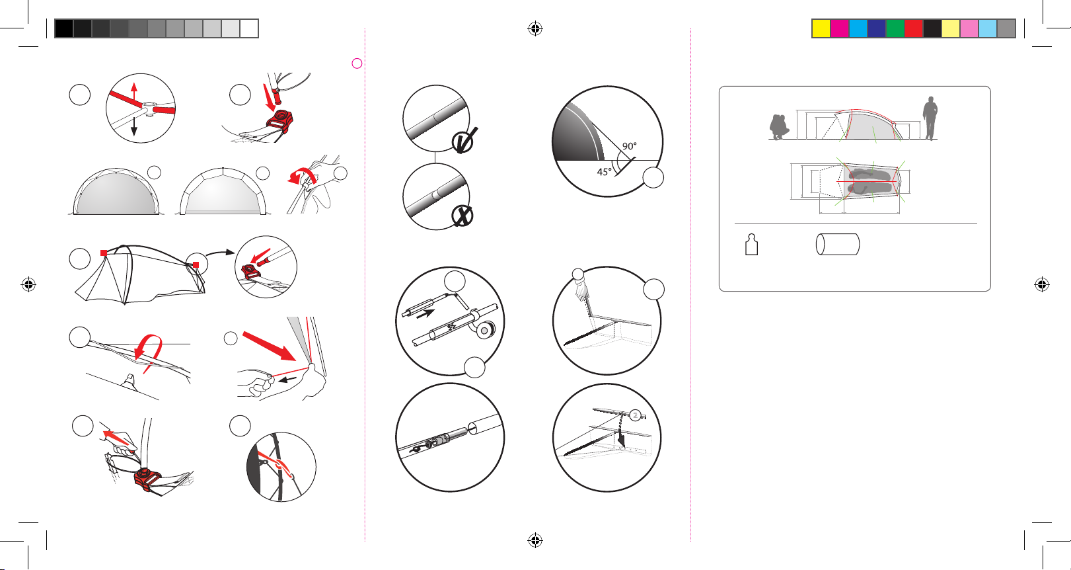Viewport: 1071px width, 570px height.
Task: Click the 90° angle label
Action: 629,146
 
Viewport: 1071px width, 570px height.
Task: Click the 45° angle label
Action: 604,172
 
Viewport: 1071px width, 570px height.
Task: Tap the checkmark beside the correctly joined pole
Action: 464,141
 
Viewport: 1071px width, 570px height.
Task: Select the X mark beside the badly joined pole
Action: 462,216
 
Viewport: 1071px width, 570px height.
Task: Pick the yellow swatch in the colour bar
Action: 821,28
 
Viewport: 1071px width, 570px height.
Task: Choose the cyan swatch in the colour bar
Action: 858,28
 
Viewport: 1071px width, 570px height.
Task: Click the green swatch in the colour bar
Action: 895,28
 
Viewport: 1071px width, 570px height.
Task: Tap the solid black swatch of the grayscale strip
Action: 64,28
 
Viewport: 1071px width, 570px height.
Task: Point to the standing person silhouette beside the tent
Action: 930,118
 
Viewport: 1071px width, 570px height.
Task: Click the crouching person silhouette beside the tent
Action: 779,127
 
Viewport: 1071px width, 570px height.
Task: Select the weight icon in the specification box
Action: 752,245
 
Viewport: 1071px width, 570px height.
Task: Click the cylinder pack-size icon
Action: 838,244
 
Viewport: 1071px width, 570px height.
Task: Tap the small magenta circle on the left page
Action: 357,63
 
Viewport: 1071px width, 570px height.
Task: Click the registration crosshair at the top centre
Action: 535,28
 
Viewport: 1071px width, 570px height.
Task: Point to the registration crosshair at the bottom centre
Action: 535,540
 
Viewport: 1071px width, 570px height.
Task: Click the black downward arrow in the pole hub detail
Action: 134,125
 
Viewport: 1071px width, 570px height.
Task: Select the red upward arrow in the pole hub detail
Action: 134,93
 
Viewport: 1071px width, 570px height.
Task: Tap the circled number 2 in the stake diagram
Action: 635,415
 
